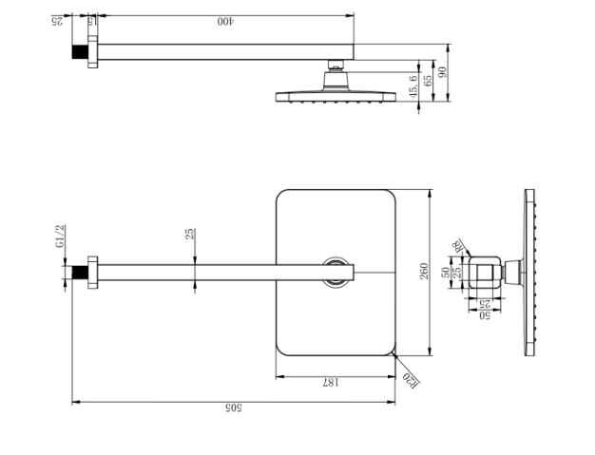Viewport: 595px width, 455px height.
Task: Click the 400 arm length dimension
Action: [225, 19]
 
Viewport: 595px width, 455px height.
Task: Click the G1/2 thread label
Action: [59, 237]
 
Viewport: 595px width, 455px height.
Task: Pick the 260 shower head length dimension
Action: [425, 272]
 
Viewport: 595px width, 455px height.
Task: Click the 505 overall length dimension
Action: [232, 408]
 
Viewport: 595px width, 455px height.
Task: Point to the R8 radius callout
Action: [459, 247]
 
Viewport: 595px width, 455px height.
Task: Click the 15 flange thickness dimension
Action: [91, 20]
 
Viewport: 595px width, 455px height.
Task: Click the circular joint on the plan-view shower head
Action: [336, 272]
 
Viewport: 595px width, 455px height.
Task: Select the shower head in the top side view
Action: [334, 95]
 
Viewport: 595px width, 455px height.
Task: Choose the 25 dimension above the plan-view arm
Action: [190, 234]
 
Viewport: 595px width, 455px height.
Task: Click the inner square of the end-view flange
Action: [487, 274]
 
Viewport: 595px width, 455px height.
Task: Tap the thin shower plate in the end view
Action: [530, 274]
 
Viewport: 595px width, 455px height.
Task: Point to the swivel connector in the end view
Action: [513, 274]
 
